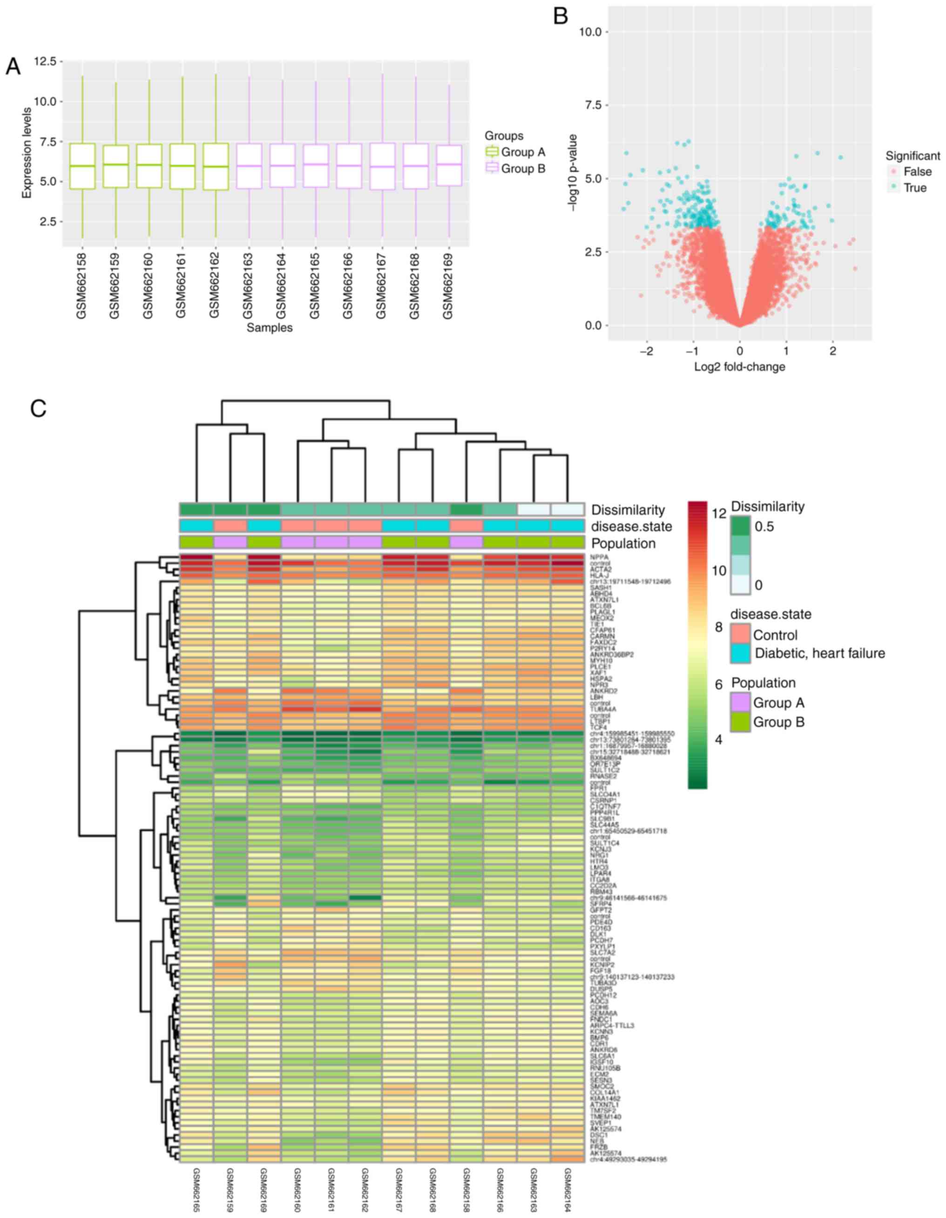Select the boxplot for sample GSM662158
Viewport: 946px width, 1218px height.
pyautogui.click(x=82, y=166)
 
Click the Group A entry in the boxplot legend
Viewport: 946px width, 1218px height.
pyautogui.click(x=523, y=152)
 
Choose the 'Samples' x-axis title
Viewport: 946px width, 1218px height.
pyautogui.click(x=270, y=328)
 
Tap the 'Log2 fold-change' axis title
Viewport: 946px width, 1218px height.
pyautogui.click(x=739, y=367)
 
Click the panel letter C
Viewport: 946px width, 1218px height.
pyautogui.click(x=38, y=409)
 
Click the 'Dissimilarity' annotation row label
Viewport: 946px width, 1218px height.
pyautogui.click(x=628, y=510)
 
